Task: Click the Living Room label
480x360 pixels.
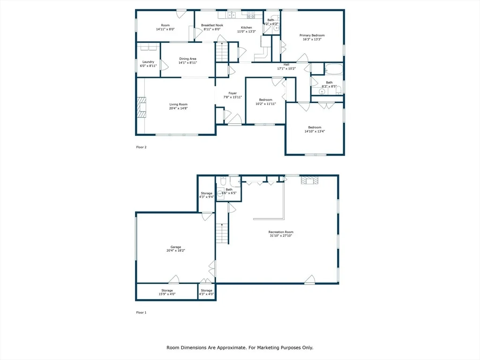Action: point(179,105)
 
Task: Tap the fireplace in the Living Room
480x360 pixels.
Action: point(142,107)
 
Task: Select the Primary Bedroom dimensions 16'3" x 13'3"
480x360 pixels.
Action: point(312,39)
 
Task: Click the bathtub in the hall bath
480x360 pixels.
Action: point(334,69)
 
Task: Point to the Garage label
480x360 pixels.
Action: point(176,247)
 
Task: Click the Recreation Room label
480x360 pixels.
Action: point(281,232)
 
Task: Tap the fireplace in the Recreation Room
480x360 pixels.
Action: point(309,180)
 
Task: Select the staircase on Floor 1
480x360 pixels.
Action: point(223,233)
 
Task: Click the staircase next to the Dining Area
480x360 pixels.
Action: point(222,52)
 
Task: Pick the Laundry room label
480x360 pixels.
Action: point(148,62)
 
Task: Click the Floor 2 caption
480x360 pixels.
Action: point(142,147)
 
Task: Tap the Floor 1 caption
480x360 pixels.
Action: point(142,313)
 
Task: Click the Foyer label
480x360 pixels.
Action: point(232,93)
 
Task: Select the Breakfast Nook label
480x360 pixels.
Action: point(212,25)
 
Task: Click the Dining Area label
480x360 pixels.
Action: point(187,59)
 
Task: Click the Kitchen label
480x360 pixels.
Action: point(247,28)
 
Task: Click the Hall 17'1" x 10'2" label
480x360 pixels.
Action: point(286,67)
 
